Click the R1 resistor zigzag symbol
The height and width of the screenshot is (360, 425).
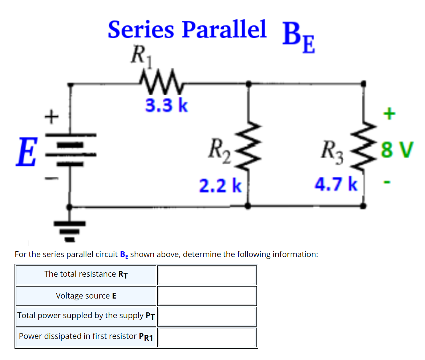tap(159, 78)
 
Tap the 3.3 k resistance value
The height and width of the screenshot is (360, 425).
tap(167, 105)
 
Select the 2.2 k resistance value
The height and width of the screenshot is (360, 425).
tap(220, 185)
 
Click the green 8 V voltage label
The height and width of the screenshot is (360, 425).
tap(396, 149)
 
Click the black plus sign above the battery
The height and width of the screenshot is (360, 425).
tap(52, 116)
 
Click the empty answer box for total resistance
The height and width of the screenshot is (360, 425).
tap(207, 275)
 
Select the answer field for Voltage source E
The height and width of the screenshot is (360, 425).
tap(207, 296)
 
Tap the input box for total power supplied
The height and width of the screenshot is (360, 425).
tap(207, 316)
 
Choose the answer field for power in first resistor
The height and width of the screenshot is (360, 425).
tap(207, 337)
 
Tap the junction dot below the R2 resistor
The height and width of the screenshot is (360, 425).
tap(248, 206)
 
